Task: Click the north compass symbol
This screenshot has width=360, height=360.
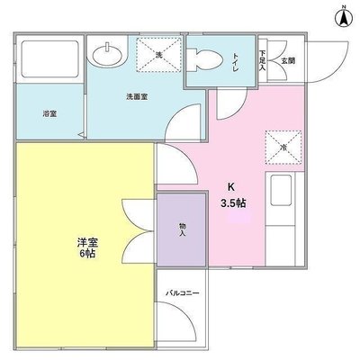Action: tap(344, 16)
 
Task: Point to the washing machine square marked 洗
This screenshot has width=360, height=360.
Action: tap(158, 56)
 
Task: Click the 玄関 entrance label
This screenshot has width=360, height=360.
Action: tap(286, 60)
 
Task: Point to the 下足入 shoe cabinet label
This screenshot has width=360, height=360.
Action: tap(263, 59)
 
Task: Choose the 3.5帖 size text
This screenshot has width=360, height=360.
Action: tap(233, 203)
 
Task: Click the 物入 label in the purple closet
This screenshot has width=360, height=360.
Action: tap(181, 229)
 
